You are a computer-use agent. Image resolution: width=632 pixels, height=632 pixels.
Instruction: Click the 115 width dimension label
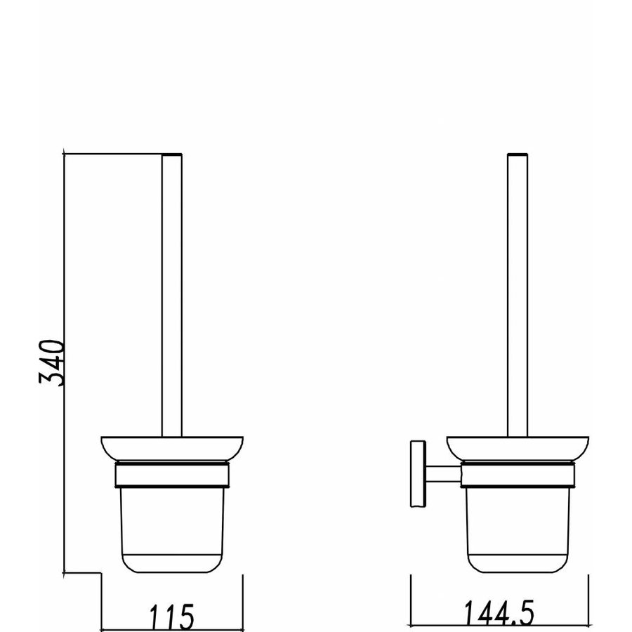pos(171,617)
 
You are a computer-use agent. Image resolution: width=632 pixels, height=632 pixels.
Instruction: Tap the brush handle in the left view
pos(172,295)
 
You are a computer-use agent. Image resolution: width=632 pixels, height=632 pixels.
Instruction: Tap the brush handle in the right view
pos(518,295)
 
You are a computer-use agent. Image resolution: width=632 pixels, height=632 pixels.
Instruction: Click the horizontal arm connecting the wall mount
pos(442,473)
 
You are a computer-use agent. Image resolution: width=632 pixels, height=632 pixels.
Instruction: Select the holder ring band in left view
pos(172,475)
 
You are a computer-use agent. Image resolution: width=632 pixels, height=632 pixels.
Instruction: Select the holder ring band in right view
pos(518,475)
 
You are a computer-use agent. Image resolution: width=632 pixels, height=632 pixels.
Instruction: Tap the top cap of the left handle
pos(172,152)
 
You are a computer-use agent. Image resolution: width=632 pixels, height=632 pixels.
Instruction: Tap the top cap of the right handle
pos(518,152)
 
